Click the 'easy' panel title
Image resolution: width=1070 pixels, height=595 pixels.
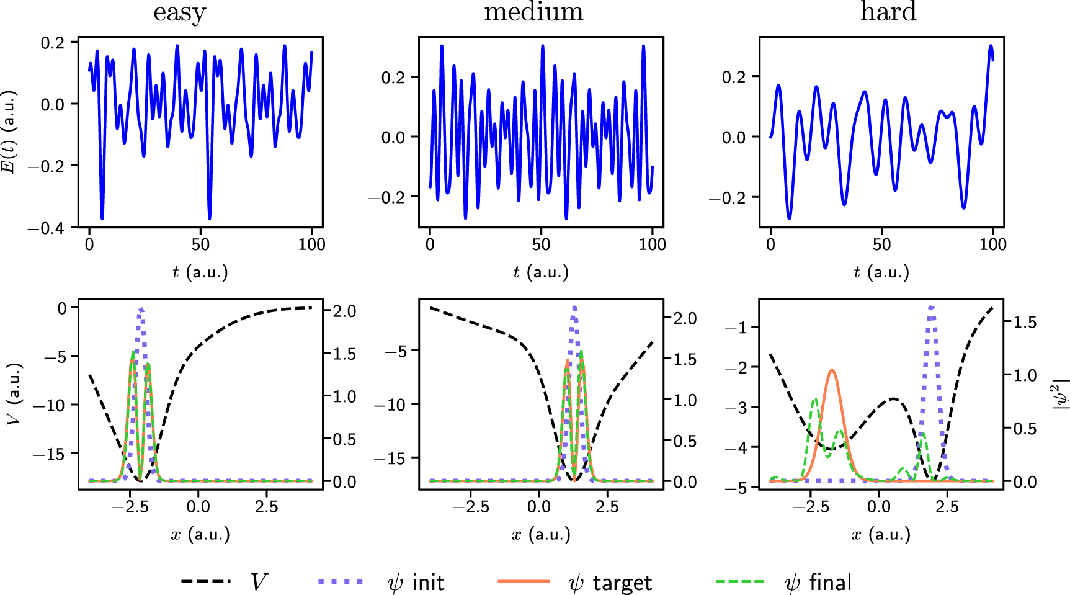[179, 12]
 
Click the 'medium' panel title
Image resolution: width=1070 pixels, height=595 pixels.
[533, 12]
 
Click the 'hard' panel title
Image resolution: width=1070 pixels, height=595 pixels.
[888, 12]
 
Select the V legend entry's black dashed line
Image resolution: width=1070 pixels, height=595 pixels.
[206, 581]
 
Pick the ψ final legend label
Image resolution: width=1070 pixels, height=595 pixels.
[818, 583]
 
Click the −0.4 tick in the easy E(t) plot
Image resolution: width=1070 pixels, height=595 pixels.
[45, 228]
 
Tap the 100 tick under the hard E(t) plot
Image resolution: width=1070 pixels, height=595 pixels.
[992, 244]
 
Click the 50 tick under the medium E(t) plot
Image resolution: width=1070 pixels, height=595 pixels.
[541, 244]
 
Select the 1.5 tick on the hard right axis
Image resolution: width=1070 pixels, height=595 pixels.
[1024, 322]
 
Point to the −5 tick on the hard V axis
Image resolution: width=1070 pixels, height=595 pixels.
[737, 488]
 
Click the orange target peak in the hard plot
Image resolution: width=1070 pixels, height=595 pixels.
[832, 371]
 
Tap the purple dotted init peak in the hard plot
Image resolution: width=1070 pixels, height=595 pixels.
[931, 308]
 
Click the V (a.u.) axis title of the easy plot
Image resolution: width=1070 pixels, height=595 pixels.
[14, 395]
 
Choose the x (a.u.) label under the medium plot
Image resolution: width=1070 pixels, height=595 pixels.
[541, 534]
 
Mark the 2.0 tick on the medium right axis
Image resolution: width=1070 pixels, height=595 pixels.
[685, 318]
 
